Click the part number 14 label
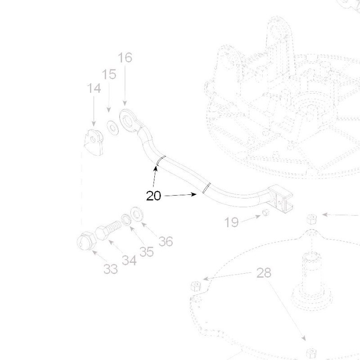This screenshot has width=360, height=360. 94,88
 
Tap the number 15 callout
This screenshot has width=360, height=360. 109,74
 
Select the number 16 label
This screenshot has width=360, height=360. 125,58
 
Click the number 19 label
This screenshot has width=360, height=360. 232,222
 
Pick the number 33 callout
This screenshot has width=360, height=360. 111,269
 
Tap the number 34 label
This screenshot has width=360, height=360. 129,260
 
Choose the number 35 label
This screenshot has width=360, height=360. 146,252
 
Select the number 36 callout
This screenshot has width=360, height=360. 166,242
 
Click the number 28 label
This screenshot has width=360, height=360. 264,273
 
